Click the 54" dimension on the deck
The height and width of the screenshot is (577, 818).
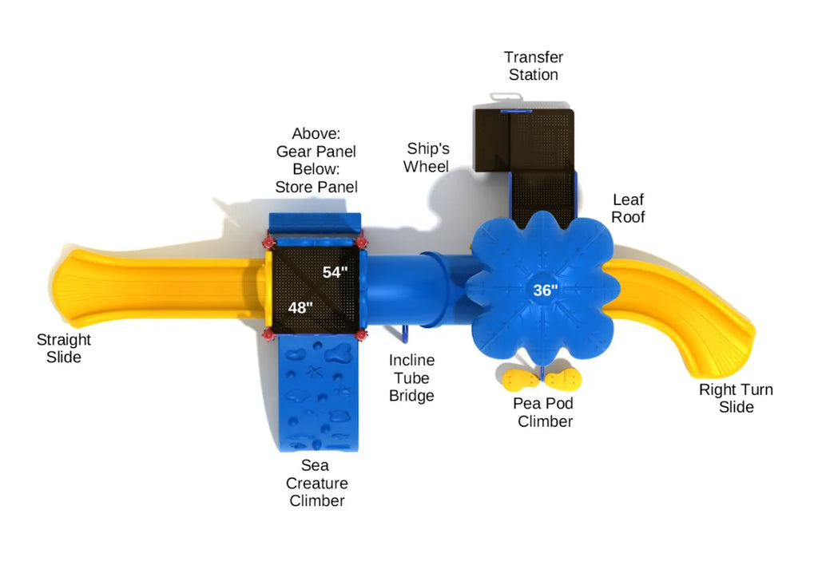click(336, 272)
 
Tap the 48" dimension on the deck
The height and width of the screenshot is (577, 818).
click(300, 307)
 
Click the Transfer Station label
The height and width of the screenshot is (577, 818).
click(534, 66)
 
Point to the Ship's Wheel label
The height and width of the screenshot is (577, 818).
click(427, 157)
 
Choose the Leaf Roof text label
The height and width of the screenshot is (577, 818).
click(628, 207)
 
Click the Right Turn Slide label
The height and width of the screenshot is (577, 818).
click(736, 398)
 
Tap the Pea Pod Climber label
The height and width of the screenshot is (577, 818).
click(544, 413)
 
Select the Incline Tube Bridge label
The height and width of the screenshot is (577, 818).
click(411, 378)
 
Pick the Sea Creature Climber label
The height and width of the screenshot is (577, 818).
click(316, 483)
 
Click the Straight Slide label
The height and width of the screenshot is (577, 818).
click(64, 348)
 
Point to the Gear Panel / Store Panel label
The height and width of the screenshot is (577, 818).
click(316, 160)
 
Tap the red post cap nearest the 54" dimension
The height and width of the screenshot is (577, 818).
click(361, 241)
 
